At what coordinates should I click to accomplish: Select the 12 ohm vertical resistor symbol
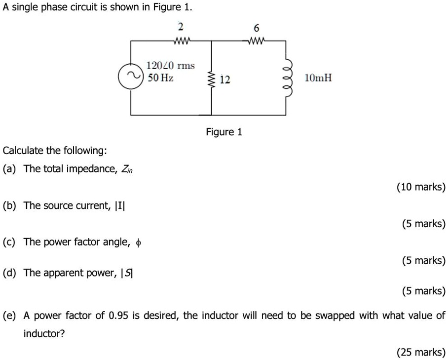click(212, 79)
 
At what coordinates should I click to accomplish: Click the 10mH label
click(318, 78)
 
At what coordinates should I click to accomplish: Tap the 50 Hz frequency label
click(160, 78)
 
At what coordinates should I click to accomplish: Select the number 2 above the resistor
click(181, 26)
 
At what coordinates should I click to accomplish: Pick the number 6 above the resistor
click(256, 28)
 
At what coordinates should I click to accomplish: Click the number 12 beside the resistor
click(224, 80)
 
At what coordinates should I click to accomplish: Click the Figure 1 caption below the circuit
click(224, 132)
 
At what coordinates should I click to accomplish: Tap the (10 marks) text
click(421, 187)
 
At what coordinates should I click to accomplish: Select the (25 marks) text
click(421, 352)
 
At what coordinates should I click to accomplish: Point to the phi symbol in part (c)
click(139, 242)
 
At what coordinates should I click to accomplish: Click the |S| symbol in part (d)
click(127, 273)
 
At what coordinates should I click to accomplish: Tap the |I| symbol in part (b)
click(120, 205)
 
